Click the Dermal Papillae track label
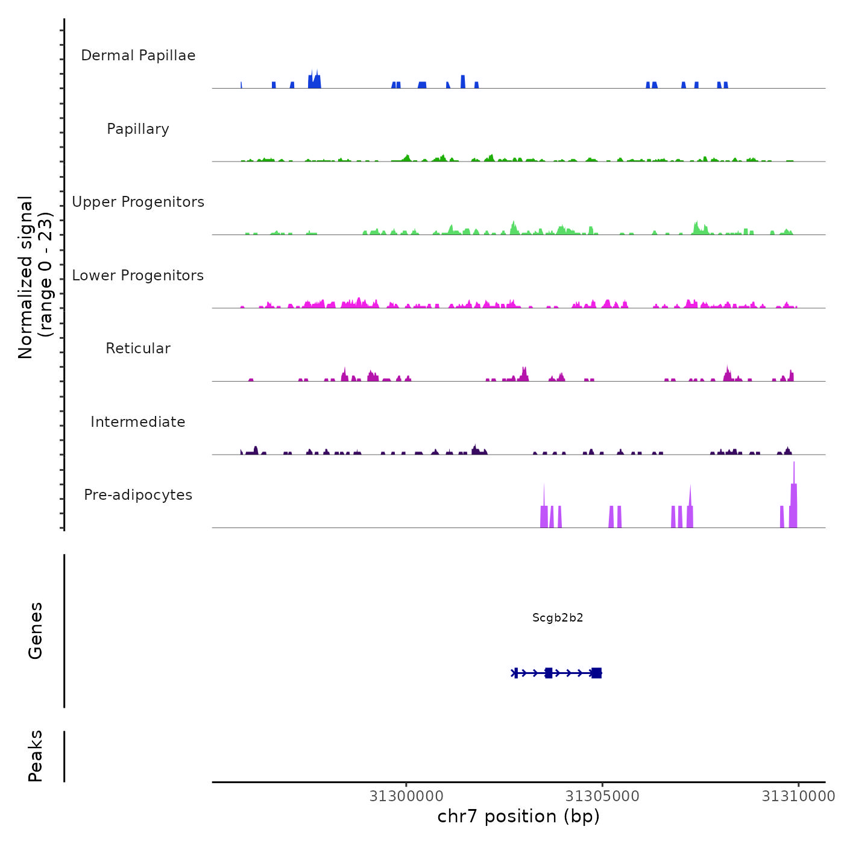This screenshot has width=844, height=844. click(138, 55)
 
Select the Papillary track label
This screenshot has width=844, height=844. click(138, 129)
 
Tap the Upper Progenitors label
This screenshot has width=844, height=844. click(138, 202)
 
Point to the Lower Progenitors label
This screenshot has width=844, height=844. click(138, 276)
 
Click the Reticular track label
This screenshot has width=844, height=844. click(138, 348)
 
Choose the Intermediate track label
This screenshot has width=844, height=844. click(138, 422)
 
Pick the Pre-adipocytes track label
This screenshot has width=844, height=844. click(138, 495)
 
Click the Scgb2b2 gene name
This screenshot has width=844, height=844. click(558, 617)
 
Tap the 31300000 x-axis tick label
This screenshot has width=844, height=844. click(406, 796)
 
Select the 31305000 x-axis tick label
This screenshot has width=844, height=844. click(602, 796)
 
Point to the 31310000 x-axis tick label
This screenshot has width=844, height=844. click(798, 796)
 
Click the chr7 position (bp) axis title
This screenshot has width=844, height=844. click(518, 816)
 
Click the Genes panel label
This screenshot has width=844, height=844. click(36, 631)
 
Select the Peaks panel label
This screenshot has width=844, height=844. click(36, 756)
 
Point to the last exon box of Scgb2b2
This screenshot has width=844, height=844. click(596, 673)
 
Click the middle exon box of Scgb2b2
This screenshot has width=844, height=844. click(548, 673)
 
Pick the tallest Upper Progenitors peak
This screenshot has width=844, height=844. click(514, 228)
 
